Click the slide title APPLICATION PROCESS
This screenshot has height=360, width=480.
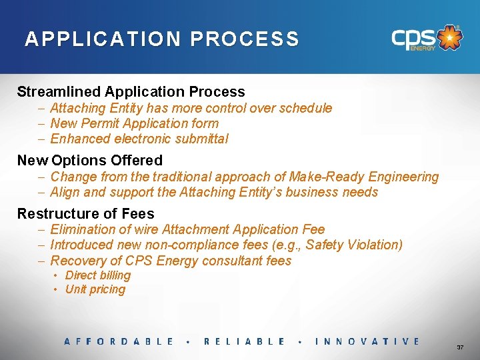[162, 39]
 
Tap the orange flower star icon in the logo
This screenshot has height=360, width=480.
[451, 37]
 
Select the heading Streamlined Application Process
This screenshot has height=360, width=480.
[131, 92]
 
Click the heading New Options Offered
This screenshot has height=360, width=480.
[89, 161]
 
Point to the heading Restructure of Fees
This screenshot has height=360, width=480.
[85, 214]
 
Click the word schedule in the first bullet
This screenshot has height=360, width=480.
[305, 108]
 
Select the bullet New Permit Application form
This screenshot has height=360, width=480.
[134, 123]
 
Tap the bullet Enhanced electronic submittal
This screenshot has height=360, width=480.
[139, 139]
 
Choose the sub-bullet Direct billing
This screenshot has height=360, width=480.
[97, 275]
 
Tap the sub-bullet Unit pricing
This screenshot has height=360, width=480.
[95, 289]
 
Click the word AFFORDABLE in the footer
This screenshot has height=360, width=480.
[119, 341]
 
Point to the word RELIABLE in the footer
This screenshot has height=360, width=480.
[244, 341]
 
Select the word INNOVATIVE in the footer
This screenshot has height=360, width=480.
[367, 341]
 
